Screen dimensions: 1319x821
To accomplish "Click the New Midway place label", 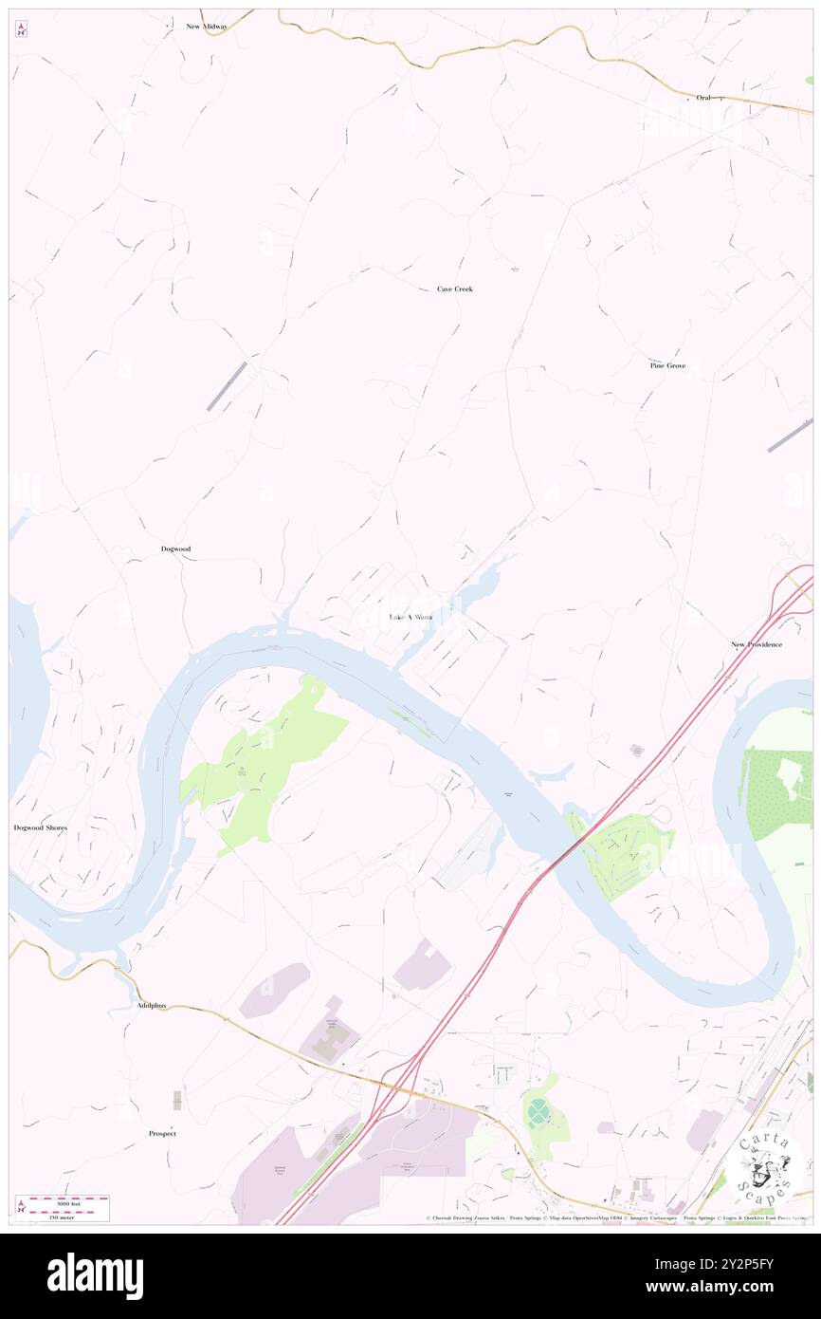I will click(x=206, y=27).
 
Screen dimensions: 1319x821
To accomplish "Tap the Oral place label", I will click(x=702, y=98).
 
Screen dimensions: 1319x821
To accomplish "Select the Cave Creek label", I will click(x=454, y=288).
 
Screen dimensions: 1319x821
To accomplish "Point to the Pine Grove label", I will click(x=667, y=365).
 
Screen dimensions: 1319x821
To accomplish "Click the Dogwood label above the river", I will click(x=175, y=549).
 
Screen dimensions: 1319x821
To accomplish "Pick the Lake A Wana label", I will click(x=410, y=617).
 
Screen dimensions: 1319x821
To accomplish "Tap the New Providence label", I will click(x=756, y=644).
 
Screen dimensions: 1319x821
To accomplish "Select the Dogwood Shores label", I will click(x=41, y=827).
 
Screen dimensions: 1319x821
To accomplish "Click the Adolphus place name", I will click(x=151, y=1005).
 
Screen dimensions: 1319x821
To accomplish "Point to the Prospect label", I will click(x=162, y=1133).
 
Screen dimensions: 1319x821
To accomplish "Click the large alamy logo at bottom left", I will click(x=95, y=1275).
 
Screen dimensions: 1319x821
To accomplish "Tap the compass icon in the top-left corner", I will click(x=21, y=30).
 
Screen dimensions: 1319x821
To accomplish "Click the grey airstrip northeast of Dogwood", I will click(x=227, y=386).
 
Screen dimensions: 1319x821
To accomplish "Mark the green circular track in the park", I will click(x=538, y=1108).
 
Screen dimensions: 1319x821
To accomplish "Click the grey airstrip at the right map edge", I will click(x=790, y=435).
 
